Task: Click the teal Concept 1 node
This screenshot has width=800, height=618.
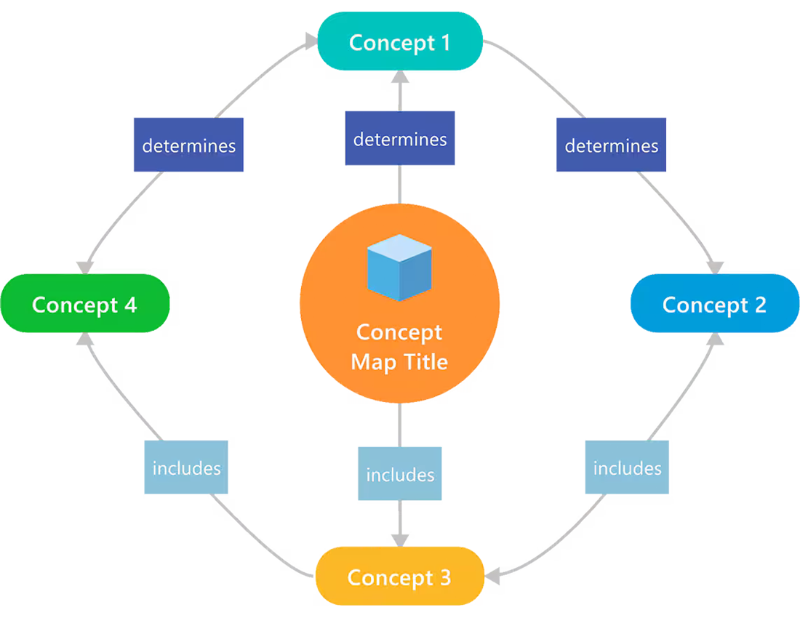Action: tap(399, 42)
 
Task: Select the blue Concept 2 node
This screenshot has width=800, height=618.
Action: tap(714, 304)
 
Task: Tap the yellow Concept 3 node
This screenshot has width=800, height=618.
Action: tap(399, 577)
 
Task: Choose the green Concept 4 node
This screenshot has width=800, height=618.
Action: tap(84, 304)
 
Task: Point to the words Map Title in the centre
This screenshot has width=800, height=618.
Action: tap(399, 361)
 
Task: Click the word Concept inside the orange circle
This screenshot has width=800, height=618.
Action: tap(399, 332)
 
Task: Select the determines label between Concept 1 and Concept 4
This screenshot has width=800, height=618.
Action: tap(189, 146)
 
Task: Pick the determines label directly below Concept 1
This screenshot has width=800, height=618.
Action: tap(400, 139)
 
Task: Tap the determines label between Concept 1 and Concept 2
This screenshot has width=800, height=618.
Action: tap(612, 146)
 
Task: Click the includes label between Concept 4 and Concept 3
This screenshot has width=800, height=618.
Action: tap(186, 468)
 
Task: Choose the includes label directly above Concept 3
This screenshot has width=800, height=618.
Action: tap(400, 475)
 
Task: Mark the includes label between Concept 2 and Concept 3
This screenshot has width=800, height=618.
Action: tap(627, 468)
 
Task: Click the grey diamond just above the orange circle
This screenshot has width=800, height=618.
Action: tap(399, 182)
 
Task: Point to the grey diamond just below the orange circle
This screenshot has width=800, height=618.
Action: tap(399, 425)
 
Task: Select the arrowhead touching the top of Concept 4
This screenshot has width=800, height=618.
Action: tap(85, 267)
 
